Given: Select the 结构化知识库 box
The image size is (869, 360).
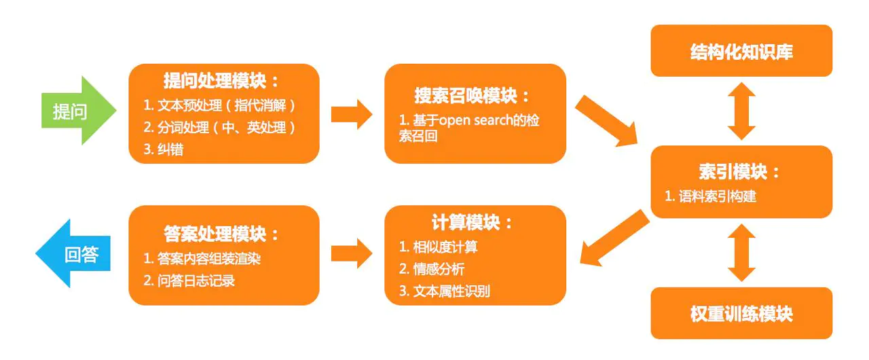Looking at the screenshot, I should [741, 51].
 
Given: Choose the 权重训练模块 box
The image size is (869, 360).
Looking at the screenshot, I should [741, 314].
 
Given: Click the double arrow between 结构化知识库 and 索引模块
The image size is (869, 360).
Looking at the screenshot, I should [741, 111].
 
